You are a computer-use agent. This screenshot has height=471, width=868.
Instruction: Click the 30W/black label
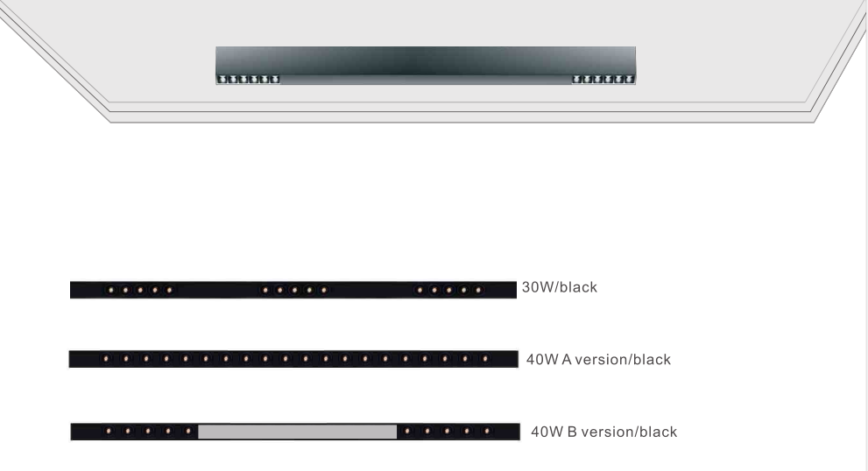pos(559,287)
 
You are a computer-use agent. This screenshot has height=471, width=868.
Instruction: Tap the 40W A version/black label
pos(598,359)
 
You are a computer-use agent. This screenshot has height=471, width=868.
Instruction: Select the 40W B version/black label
pos(604,432)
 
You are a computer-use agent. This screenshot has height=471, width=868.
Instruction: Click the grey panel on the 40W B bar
pos(297,432)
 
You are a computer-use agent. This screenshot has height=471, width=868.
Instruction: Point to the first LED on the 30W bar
pos(110,290)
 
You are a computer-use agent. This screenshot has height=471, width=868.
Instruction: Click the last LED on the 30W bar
pos(479,290)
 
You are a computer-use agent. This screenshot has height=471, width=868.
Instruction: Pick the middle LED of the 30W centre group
pos(294,290)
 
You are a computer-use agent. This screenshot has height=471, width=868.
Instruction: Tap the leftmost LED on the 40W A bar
pos(106,359)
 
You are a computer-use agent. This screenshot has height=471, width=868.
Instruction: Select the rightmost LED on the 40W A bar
pos(485,359)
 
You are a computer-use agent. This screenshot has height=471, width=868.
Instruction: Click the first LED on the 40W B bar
pos(109,431)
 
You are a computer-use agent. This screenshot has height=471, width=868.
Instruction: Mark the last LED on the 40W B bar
pos(487,431)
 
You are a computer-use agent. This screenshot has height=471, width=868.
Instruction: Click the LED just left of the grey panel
pos(188,431)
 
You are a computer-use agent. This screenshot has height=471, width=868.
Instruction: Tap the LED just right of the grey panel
pos(407,431)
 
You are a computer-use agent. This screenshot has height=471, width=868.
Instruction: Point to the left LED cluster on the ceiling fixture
pos(249,79)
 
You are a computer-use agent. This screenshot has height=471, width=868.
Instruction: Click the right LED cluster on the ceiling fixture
pos(603,79)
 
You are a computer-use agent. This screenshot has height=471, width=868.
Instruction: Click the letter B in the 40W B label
pos(573,432)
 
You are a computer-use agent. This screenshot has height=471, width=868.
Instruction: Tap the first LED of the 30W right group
pos(420,290)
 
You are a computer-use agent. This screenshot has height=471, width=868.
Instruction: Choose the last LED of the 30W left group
pos(169,290)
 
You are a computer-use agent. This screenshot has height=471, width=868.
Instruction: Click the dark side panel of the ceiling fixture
pos(426,61)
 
